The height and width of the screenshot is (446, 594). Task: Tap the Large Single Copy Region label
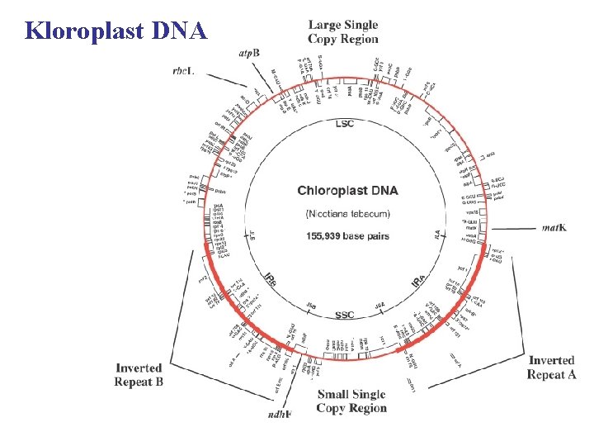[343, 32]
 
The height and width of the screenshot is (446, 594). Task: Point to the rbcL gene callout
[183, 71]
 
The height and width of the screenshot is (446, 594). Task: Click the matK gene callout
[554, 228]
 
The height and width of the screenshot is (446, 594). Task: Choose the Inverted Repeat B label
[139, 375]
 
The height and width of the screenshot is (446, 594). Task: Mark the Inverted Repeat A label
[551, 368]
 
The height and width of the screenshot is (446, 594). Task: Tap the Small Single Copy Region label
[351, 401]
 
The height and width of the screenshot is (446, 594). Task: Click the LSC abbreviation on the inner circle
[345, 124]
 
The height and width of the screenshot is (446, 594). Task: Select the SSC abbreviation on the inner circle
[345, 315]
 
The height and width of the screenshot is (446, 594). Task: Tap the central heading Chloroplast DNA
[347, 191]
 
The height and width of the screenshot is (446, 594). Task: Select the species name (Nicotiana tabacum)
[347, 214]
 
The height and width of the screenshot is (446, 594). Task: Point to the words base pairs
[368, 236]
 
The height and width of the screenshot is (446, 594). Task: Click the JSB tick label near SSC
[311, 306]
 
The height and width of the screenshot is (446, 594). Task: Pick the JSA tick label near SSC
[380, 306]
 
